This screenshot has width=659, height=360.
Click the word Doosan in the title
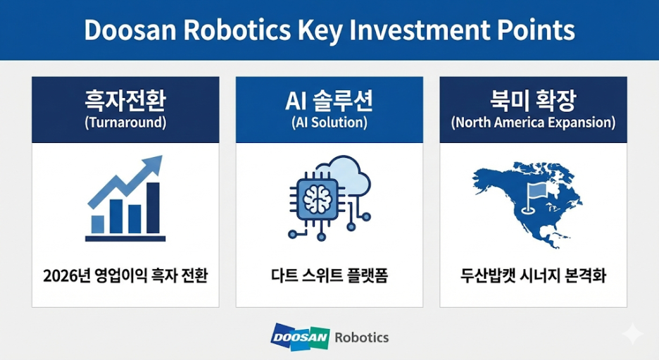[130, 30]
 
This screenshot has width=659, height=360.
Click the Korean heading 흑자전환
[125, 101]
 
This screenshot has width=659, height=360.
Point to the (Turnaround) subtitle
[125, 123]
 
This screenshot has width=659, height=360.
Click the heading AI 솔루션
[329, 101]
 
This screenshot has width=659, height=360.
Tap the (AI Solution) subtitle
[329, 123]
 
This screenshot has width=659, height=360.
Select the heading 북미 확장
[533, 101]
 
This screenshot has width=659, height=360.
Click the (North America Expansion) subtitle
[533, 123]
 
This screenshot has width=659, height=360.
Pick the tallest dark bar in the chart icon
[153, 208]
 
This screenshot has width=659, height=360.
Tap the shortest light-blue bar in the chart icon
[97, 225]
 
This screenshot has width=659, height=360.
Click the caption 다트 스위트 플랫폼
[329, 276]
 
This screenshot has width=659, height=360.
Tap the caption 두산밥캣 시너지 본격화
[533, 276]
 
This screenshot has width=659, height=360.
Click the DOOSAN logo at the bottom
[300, 337]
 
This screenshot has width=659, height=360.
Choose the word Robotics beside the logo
[361, 337]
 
